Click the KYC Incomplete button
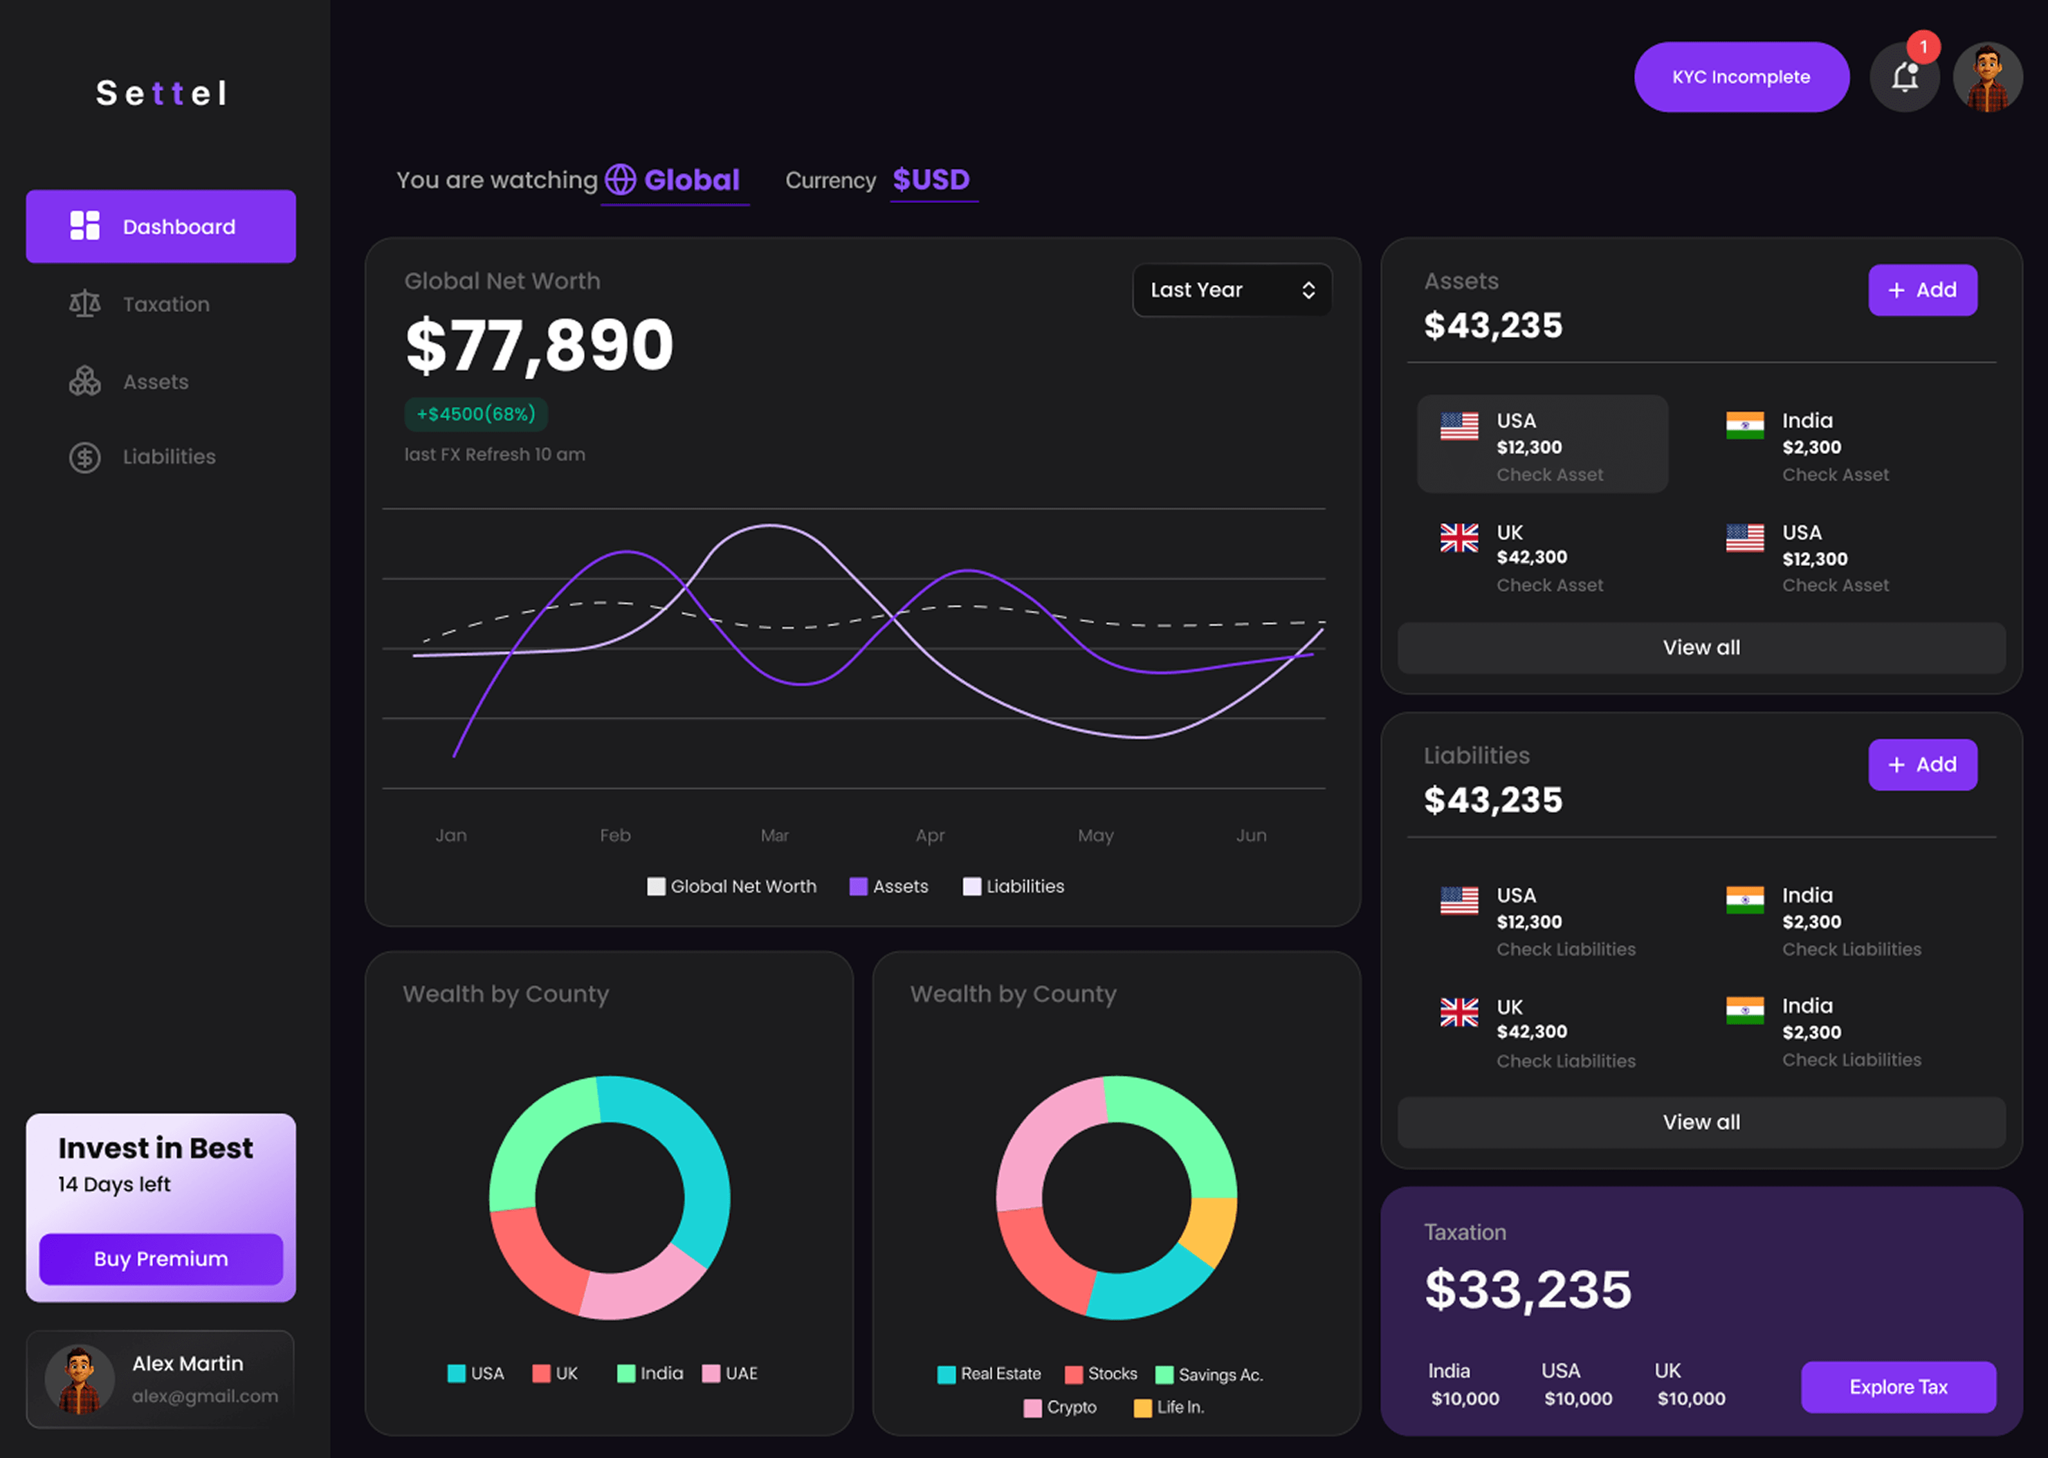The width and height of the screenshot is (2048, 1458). (1740, 78)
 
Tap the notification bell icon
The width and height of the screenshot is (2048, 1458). (1903, 78)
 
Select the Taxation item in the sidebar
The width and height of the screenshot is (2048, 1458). (165, 304)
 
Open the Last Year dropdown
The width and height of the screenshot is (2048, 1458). (1232, 290)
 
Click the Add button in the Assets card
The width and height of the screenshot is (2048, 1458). (1921, 290)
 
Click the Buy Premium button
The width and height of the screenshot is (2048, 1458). (161, 1259)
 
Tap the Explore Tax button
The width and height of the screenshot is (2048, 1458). (1897, 1387)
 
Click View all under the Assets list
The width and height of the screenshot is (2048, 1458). (1701, 647)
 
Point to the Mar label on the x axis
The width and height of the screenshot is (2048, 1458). (774, 836)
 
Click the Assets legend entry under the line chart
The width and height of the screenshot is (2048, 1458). (888, 887)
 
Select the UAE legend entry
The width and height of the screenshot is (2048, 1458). (731, 1374)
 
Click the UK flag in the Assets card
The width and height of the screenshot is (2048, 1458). (1459, 538)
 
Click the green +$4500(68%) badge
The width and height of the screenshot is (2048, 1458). (475, 414)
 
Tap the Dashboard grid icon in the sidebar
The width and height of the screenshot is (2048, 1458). (85, 226)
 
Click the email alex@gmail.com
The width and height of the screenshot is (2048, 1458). (205, 1396)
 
